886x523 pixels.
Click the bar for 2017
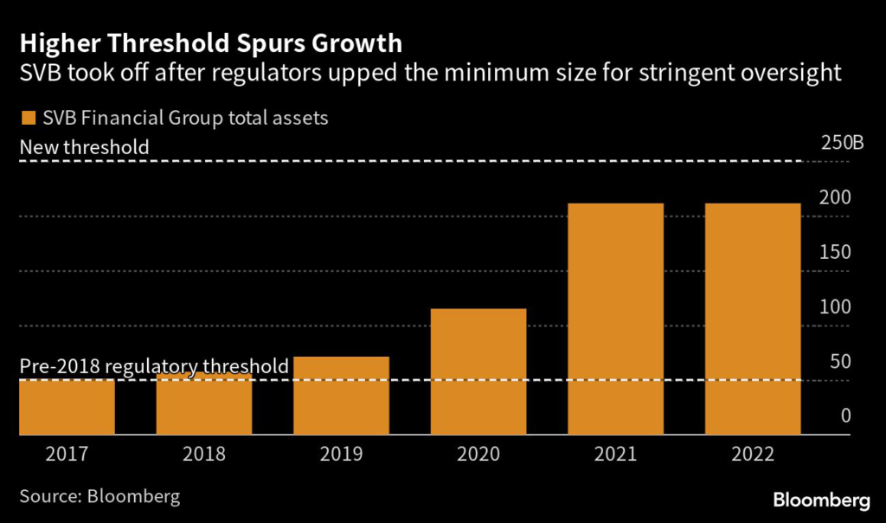67,407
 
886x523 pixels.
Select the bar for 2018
204,404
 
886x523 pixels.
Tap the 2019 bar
341,396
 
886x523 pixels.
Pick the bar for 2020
478,371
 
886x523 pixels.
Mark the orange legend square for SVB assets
27,118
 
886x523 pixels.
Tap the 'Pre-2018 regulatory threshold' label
154,366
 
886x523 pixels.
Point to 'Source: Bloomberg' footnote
100,497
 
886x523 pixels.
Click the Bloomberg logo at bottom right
821,500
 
